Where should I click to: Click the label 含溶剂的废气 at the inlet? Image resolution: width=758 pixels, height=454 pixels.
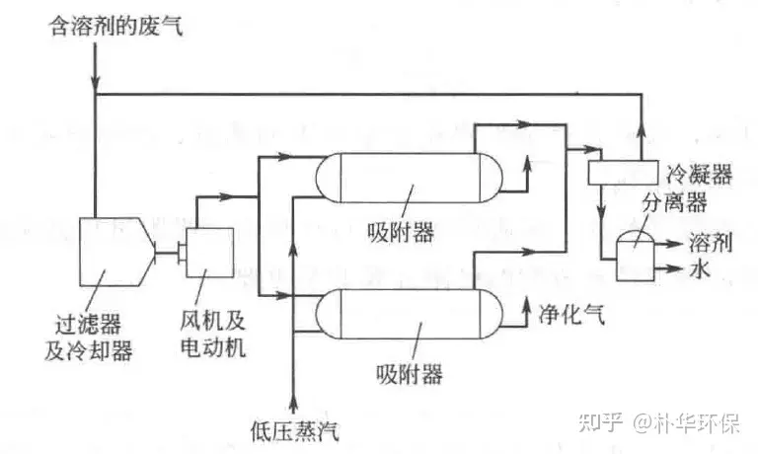116,25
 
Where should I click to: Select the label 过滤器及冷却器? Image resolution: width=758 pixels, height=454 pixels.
89,337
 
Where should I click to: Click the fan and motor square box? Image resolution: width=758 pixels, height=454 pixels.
210,252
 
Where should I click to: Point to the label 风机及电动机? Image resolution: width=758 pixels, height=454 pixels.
213,334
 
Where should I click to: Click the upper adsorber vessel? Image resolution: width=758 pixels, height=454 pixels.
409,178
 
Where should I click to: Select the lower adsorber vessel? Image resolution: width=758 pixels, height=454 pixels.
409,314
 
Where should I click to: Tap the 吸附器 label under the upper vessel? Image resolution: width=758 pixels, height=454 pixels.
401,232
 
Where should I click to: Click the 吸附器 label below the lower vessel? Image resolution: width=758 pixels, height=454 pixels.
410,374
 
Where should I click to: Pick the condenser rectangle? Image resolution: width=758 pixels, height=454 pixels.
623,173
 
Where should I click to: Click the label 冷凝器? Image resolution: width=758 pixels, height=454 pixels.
699,173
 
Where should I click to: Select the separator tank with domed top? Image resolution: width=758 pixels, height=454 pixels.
636,255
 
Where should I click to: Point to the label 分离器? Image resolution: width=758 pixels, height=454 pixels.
674,202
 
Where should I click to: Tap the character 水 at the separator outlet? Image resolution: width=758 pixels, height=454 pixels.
700,267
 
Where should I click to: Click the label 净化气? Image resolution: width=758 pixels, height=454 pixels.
571,314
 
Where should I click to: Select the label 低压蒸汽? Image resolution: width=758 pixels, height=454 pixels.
295,430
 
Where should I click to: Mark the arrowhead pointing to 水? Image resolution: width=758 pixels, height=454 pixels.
675,267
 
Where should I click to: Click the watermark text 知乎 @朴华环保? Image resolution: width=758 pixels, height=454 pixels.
659,422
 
